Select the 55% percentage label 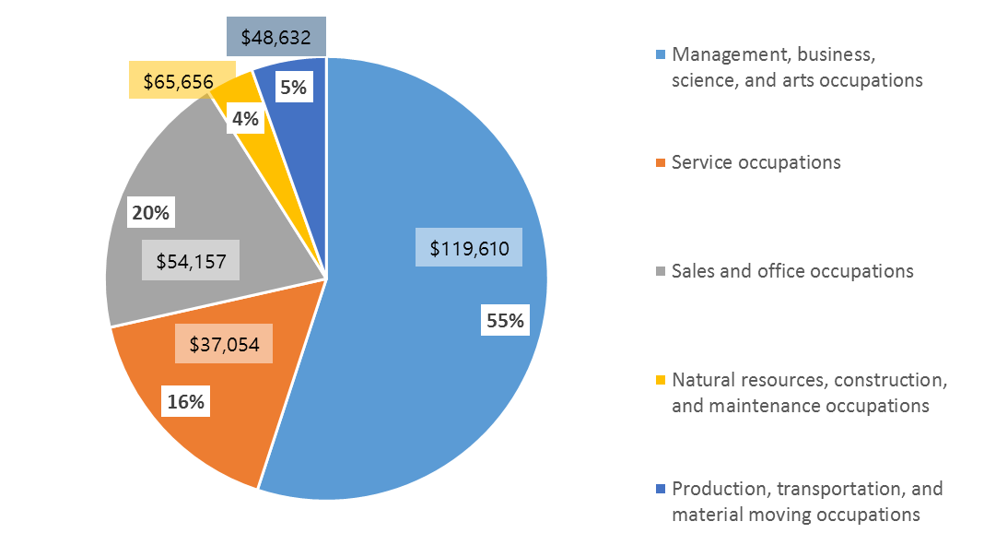tap(506, 321)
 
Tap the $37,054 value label tap(224, 344)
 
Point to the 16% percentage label tap(185, 401)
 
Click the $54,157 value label tap(191, 260)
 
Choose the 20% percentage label tap(151, 213)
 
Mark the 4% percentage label tap(246, 119)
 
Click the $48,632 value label tap(275, 39)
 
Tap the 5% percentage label tap(294, 89)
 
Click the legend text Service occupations tap(756, 162)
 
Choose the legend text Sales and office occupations tap(792, 271)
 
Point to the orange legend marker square tap(659, 163)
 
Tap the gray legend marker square tap(659, 272)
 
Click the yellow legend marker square tap(659, 380)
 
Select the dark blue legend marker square tap(659, 489)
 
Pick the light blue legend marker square tap(659, 54)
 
